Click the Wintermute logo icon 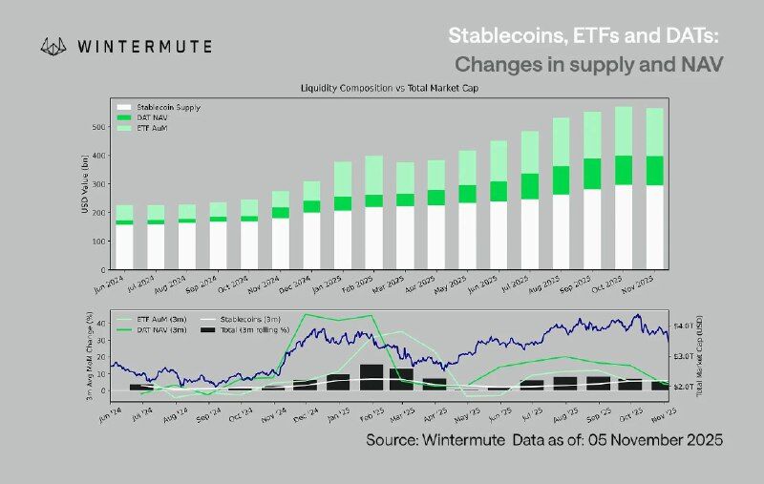pyautogui.click(x=54, y=45)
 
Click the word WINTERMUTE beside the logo pyautogui.click(x=143, y=45)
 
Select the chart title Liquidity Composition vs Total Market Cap pyautogui.click(x=389, y=88)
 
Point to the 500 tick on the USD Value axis pyautogui.click(x=98, y=126)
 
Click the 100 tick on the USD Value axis pyautogui.click(x=98, y=242)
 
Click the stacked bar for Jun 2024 pyautogui.click(x=124, y=239)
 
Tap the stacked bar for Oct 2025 pyautogui.click(x=623, y=191)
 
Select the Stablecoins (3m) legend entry pyautogui.click(x=252, y=320)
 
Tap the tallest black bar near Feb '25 pyautogui.click(x=371, y=377)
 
